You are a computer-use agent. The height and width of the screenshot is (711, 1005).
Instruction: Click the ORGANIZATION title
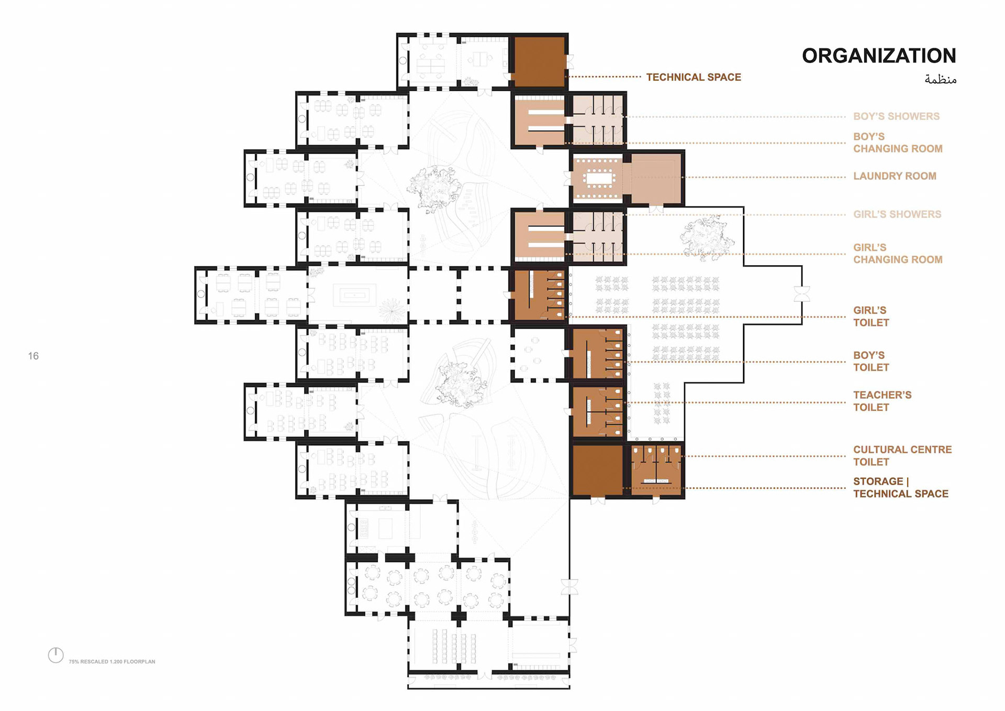(879, 56)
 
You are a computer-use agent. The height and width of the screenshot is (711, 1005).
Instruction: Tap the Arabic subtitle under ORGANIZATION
(940, 80)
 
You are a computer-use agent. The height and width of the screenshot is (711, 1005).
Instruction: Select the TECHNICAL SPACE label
(694, 78)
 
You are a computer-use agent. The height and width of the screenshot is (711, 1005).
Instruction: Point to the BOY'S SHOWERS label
(896, 116)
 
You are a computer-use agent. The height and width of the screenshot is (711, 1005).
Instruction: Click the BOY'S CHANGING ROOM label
(898, 143)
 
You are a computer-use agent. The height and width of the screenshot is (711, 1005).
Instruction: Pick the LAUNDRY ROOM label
(895, 176)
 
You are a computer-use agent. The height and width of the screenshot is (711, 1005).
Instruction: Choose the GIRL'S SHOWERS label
(897, 214)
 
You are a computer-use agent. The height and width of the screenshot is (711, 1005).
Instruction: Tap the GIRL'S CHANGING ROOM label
(898, 254)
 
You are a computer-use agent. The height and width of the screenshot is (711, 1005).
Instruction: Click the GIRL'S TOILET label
(871, 316)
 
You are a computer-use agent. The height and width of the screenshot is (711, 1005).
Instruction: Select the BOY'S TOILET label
(871, 362)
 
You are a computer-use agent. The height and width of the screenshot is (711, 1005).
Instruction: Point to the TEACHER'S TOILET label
(882, 401)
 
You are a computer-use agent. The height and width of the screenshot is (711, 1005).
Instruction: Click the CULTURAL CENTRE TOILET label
(902, 456)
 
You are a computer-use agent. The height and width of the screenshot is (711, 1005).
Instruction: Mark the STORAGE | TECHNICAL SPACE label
(900, 487)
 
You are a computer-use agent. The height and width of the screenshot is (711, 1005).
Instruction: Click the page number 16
(33, 356)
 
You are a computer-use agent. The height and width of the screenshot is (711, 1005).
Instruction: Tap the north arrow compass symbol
(55, 655)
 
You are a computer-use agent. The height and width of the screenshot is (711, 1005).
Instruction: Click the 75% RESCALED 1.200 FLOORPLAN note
(112, 662)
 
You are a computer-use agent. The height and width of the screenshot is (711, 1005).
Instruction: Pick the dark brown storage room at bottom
(597, 470)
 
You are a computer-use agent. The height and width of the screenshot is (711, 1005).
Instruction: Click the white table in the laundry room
(599, 179)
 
